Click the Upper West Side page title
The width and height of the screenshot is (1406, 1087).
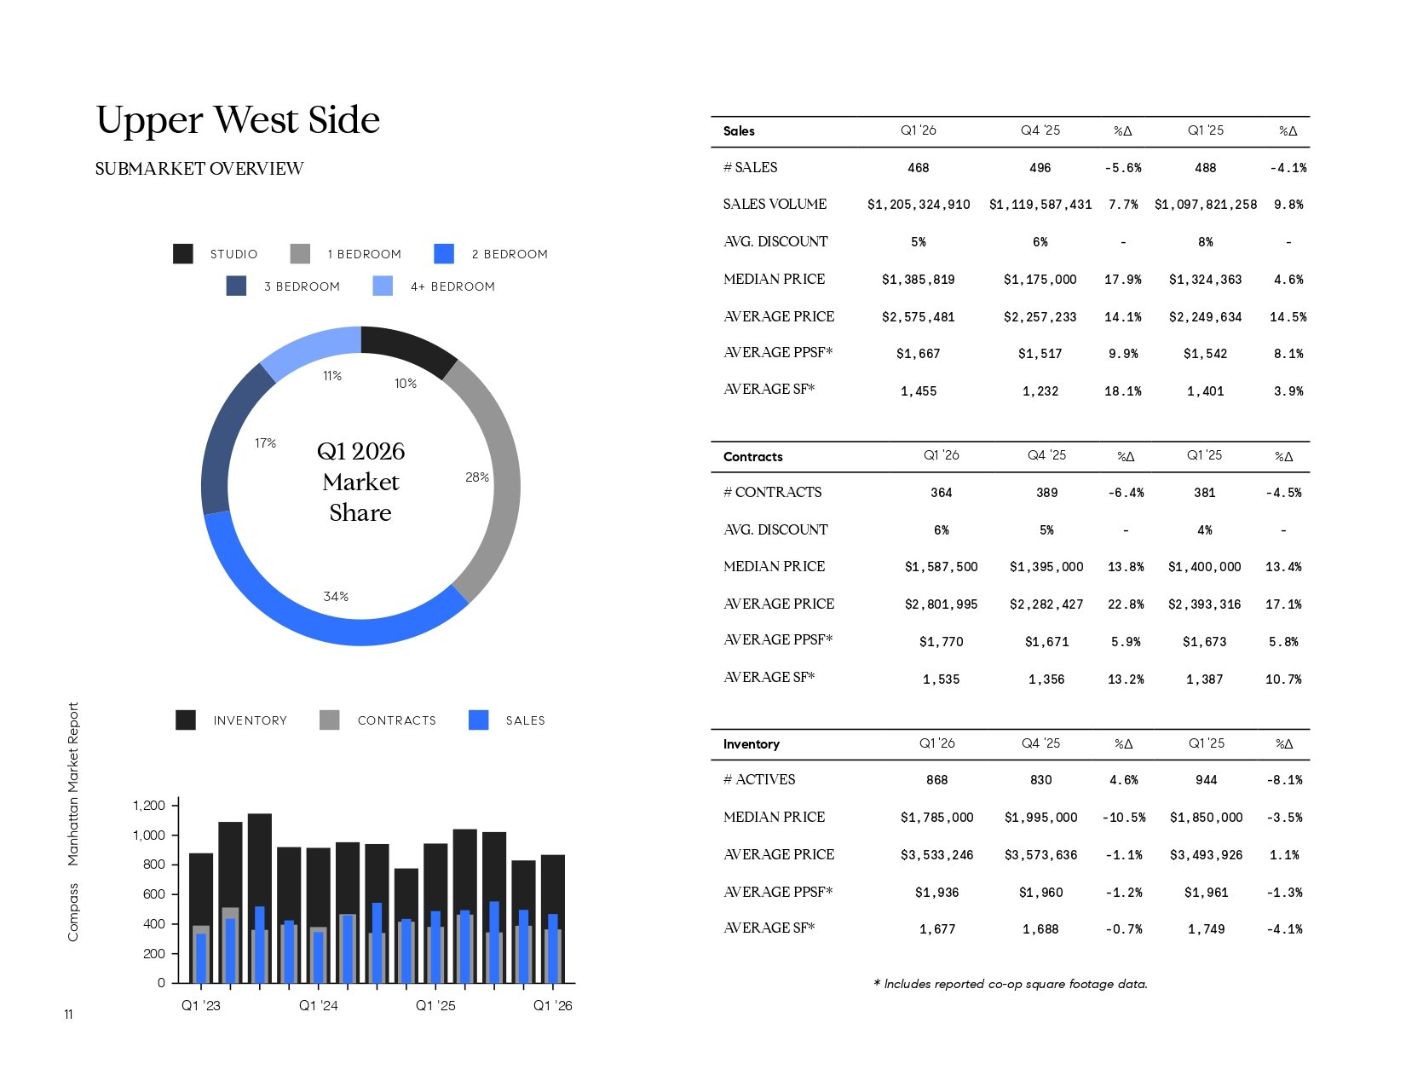point(238,120)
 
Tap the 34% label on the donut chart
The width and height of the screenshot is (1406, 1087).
point(336,597)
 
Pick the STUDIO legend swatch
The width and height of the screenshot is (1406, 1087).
point(183,254)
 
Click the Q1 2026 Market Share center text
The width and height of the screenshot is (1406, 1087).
point(360,482)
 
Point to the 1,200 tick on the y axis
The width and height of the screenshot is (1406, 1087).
point(149,806)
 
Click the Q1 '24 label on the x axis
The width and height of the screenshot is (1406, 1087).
point(318,1006)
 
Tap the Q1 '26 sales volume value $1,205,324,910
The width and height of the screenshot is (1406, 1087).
point(919,205)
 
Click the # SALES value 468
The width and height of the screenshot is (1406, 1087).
point(919,168)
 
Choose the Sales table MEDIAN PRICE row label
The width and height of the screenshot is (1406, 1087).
point(774,279)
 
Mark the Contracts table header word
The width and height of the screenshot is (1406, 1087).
point(752,457)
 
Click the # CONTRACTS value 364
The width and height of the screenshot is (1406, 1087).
point(941,493)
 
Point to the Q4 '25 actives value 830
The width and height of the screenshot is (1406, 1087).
point(1040,780)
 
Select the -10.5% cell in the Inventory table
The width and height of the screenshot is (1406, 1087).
point(1123,818)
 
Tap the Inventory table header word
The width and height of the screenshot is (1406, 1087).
point(751,744)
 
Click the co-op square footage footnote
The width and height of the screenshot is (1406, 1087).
point(1010,984)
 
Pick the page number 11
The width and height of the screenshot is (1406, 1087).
point(68,1015)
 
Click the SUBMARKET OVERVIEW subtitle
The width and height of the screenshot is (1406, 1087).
point(199,169)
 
